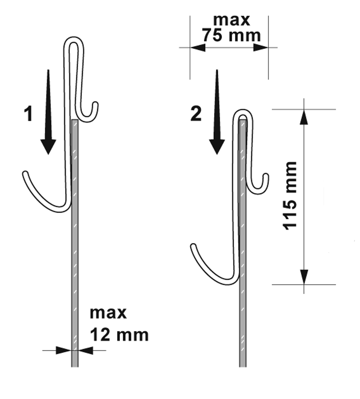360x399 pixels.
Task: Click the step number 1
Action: point(28,114)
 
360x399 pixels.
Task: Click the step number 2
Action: point(196,114)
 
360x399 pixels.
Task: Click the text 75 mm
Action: point(231,35)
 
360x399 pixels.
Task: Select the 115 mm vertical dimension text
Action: point(290,196)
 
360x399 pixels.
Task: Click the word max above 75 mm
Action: point(231,20)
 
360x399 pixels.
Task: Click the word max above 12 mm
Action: point(108,313)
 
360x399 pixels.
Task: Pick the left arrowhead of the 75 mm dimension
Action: point(197,48)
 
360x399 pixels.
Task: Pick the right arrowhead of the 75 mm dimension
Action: point(261,48)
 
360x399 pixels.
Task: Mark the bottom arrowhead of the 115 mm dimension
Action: point(304,277)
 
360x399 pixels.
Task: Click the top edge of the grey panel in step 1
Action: point(75,120)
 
